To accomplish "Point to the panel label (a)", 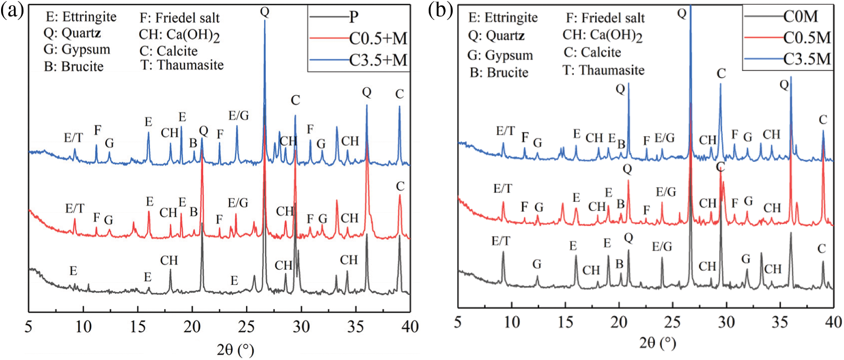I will (12, 10).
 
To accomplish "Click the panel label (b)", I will (440, 10).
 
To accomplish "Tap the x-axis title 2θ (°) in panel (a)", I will (235, 350).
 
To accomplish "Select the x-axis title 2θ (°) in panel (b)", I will (658, 342).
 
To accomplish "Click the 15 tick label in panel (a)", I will (138, 326).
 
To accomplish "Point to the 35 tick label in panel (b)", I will (779, 322).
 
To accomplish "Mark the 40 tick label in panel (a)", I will (410, 326).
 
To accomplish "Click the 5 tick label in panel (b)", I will (458, 322).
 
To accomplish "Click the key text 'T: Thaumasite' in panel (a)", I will (182, 65).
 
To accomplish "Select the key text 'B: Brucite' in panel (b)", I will (499, 72).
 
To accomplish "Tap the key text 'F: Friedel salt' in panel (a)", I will (179, 18).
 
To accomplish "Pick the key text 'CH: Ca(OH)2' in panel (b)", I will (602, 36).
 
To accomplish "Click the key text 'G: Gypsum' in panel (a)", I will (77, 50).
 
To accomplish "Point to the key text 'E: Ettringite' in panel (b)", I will (503, 18).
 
